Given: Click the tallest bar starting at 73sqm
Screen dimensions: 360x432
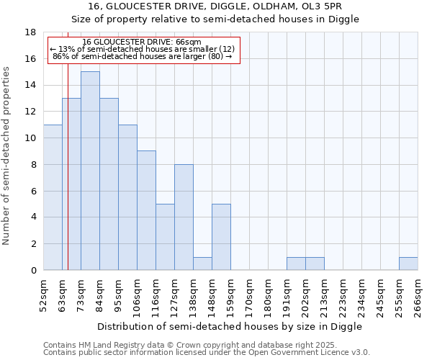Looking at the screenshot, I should [90, 171].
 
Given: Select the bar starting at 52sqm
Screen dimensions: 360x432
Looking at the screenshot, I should [53, 197].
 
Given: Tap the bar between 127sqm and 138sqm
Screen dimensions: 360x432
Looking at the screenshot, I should [184, 217].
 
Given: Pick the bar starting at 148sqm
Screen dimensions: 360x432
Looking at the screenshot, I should [221, 237].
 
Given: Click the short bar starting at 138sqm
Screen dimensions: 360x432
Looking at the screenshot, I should [202, 264].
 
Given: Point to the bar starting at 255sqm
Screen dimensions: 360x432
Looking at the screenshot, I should [408, 264].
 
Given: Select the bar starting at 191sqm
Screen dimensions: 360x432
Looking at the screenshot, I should [296, 264].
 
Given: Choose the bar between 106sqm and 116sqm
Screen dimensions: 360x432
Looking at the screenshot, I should [146, 210].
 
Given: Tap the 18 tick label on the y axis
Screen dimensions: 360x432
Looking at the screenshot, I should [31, 32].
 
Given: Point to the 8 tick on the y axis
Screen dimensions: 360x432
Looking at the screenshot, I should [33, 164].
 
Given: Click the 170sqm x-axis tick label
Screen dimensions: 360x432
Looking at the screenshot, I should [249, 296].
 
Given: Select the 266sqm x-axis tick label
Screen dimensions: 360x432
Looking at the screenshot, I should [418, 296].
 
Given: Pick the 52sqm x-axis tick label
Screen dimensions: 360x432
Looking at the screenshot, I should [43, 296].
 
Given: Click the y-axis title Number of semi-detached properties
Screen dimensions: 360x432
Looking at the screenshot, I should [6, 156].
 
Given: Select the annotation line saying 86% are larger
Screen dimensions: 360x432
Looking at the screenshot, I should [143, 56].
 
